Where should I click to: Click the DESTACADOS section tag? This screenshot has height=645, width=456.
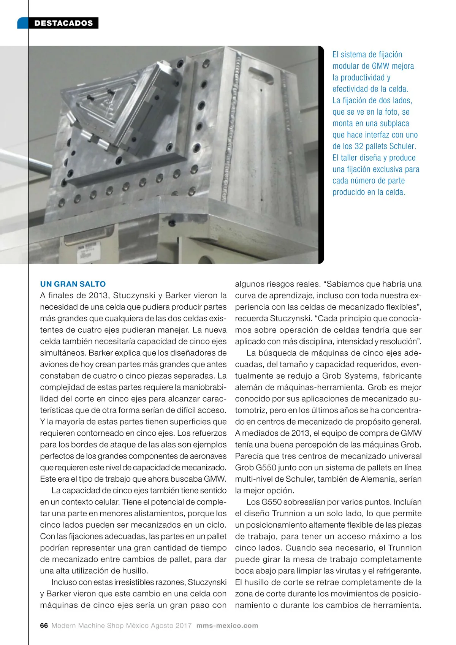click(63, 23)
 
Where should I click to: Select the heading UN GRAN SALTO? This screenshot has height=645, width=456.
click(73, 284)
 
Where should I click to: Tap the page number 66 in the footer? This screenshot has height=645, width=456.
click(44, 625)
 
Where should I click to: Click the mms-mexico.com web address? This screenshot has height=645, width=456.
click(227, 625)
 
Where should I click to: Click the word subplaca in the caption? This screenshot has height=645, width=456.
click(393, 123)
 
